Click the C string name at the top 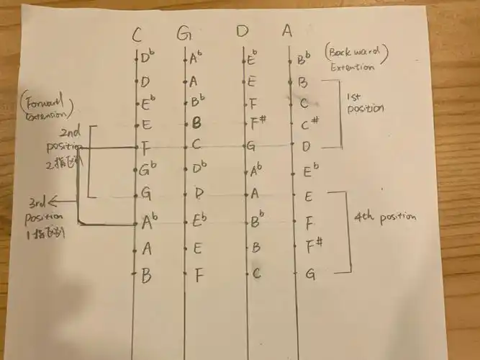(x=136, y=33)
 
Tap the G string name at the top (x=184, y=33)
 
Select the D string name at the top (x=243, y=32)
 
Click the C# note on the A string (x=310, y=125)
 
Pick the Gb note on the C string (x=149, y=171)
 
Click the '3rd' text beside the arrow (x=35, y=202)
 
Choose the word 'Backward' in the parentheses (x=358, y=52)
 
